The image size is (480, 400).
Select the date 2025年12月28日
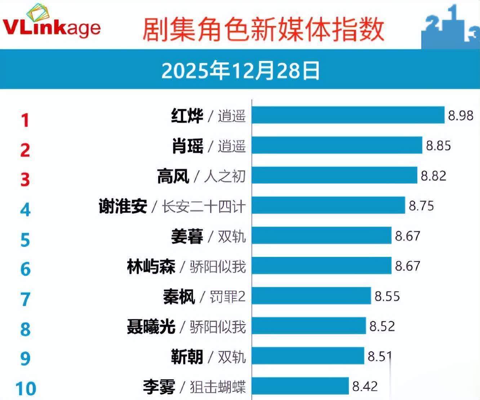tap(240, 71)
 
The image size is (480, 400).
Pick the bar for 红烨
tap(348, 115)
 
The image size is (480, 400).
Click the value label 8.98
tap(461, 116)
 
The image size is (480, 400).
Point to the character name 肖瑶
tap(187, 146)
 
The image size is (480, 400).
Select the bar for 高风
tap(334, 175)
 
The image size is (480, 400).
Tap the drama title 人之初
tap(225, 176)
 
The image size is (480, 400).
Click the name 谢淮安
tap(123, 206)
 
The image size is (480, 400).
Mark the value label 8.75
tap(421, 206)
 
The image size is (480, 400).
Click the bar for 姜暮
tap(321, 235)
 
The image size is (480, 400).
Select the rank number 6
tap(25, 269)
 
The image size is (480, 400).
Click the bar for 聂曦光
tap(309, 326)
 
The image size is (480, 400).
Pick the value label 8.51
tap(379, 356)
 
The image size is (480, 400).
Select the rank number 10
tap(26, 388)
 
